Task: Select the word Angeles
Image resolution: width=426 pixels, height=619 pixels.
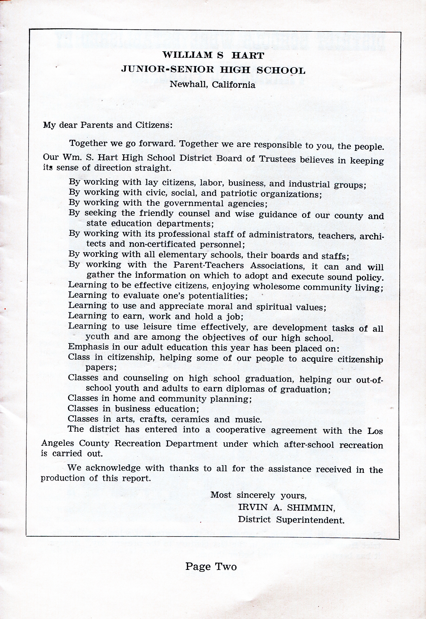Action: [x=57, y=443]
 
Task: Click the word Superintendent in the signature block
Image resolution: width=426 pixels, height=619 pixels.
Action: [x=310, y=520]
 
